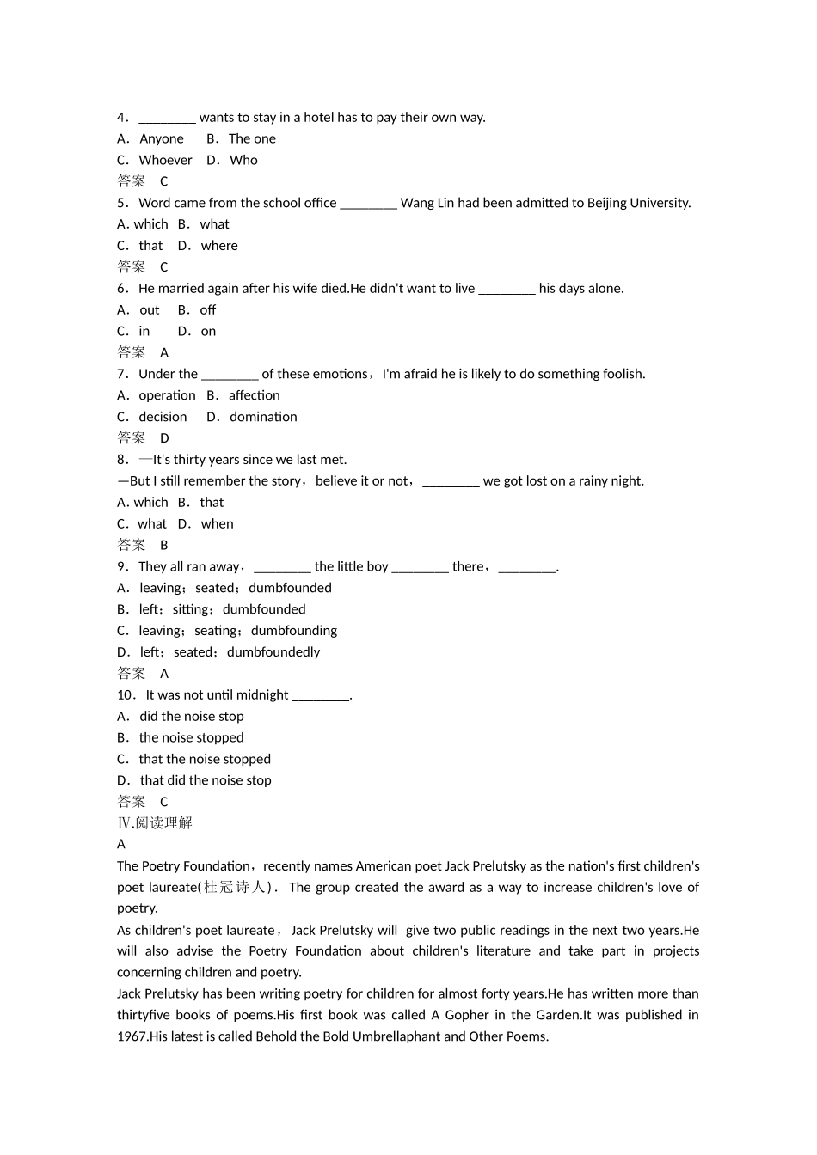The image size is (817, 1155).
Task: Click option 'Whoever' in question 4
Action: coord(165,160)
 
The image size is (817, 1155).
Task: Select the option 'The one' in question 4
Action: coord(252,138)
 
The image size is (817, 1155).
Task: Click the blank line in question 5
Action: coord(368,204)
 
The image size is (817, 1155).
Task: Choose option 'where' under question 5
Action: coord(219,246)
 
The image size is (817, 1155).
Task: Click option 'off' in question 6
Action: coord(208,309)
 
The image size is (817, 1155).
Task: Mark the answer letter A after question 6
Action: coord(164,352)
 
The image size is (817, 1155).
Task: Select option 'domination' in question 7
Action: coord(263,417)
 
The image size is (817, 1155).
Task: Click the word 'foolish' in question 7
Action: coord(621,374)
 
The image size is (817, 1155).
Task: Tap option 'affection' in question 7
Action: coord(254,395)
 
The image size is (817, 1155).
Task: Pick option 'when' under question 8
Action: coord(217,523)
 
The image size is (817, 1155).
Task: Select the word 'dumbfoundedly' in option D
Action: coord(273,652)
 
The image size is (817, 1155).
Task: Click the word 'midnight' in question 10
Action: coord(262,694)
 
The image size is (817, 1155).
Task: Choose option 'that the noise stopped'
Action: coord(205,759)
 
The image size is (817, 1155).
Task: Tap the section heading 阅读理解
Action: coord(164,822)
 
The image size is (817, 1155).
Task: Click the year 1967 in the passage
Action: coord(132,1036)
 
